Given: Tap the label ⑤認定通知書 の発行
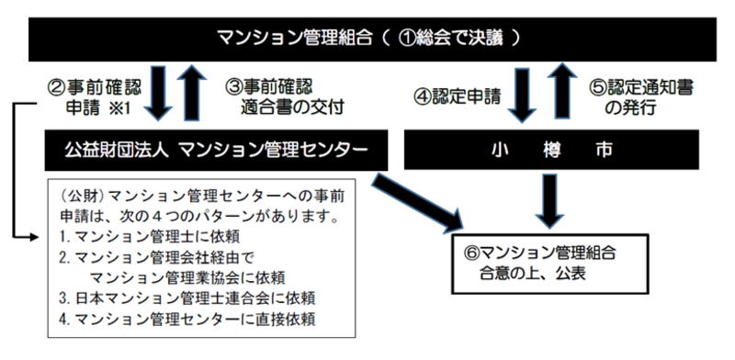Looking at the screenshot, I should coord(642,97).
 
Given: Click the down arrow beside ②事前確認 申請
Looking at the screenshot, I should coord(159,96).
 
